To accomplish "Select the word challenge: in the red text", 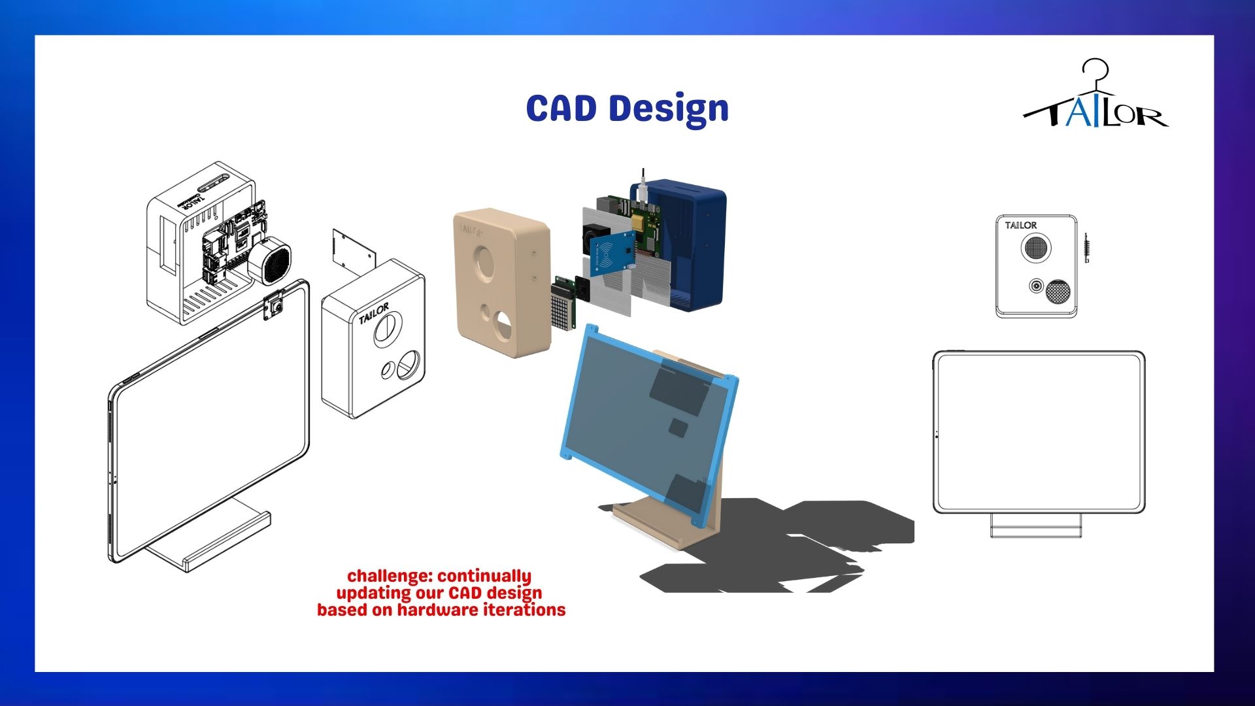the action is tap(391, 576).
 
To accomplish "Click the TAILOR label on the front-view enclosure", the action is tap(1020, 226).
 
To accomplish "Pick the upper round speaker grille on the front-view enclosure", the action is tap(1035, 247).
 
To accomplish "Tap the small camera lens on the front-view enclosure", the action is tap(1036, 286).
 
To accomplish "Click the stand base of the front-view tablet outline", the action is tap(1037, 526).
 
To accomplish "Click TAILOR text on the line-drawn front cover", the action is tap(374, 313).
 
